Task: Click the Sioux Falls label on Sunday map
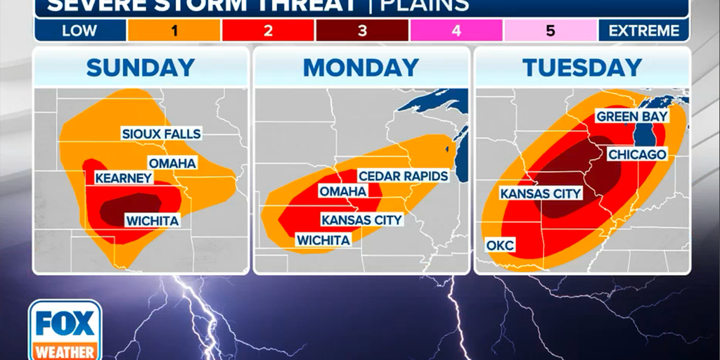click(x=161, y=134)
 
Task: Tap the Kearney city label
click(x=124, y=178)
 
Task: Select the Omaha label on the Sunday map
click(x=172, y=163)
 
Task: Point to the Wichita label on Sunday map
click(x=152, y=221)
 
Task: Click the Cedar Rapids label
click(x=403, y=176)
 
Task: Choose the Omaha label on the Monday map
click(x=342, y=191)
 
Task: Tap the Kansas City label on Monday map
click(x=361, y=220)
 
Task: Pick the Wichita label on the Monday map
click(x=323, y=240)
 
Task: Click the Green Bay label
click(x=632, y=117)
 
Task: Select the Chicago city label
click(x=637, y=154)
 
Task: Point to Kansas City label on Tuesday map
click(x=541, y=193)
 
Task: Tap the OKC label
click(x=500, y=245)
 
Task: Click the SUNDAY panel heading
click(x=141, y=67)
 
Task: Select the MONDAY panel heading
click(x=361, y=67)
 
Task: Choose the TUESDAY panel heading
click(x=581, y=67)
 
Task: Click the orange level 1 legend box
click(x=174, y=31)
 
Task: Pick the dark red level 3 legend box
click(x=361, y=31)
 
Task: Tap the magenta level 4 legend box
click(x=456, y=31)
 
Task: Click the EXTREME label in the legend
click(x=644, y=31)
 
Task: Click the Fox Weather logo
click(x=65, y=329)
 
